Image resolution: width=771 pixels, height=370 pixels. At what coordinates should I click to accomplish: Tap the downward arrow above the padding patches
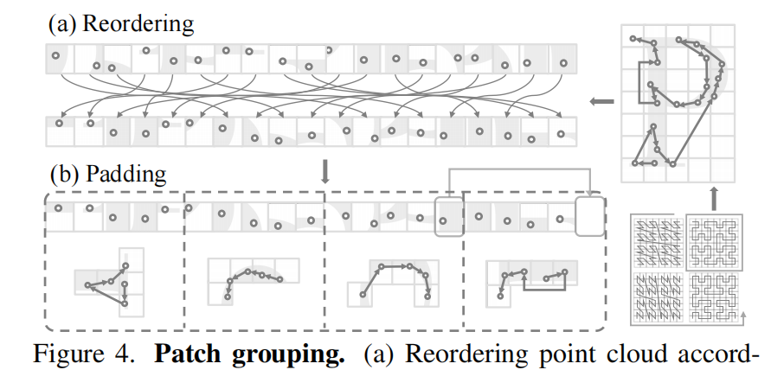point(325,171)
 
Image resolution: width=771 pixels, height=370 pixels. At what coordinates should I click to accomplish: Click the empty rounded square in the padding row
point(589,216)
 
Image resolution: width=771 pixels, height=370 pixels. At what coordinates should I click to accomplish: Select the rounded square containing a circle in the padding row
point(448,216)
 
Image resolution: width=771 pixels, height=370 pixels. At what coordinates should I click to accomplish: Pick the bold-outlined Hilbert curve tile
point(712,238)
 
